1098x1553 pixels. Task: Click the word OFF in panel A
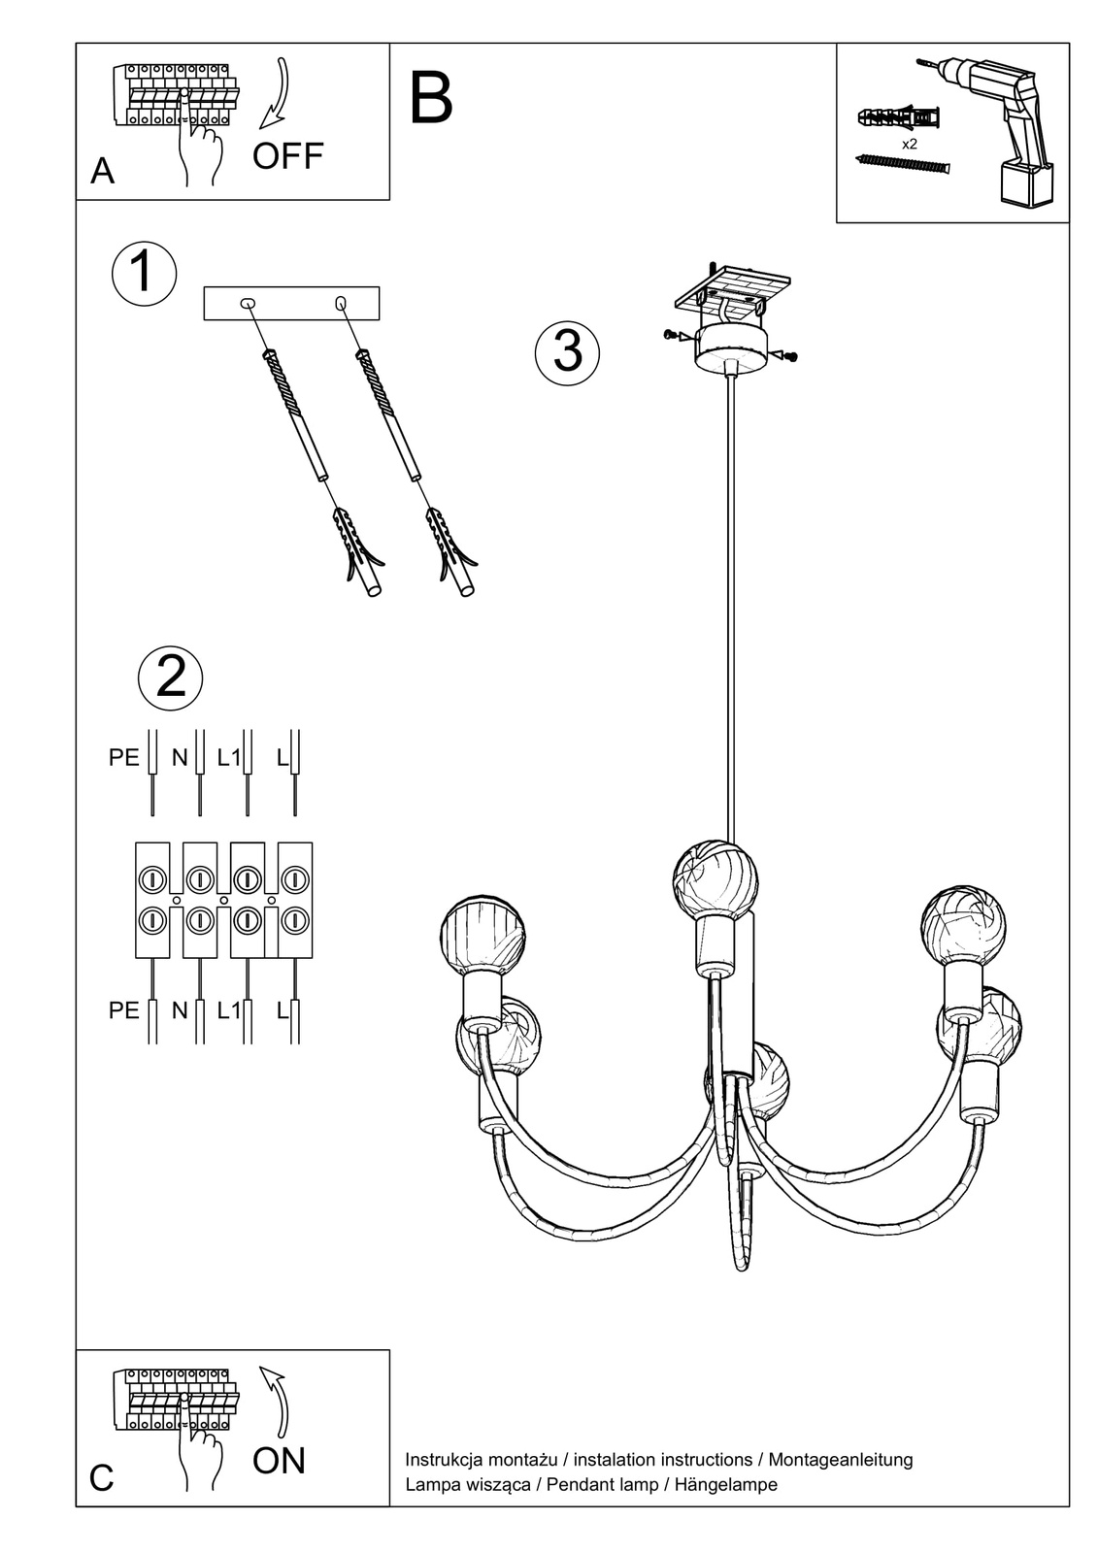(288, 156)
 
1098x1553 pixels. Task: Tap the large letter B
(431, 98)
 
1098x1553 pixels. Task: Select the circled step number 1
(144, 273)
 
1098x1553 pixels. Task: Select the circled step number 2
(171, 677)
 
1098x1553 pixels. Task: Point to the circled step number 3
(567, 352)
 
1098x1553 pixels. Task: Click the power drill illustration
(991, 131)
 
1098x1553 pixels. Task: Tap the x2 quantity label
(910, 145)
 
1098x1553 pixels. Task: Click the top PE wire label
(124, 758)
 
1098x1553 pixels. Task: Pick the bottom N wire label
(180, 1010)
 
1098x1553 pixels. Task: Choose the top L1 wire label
(229, 758)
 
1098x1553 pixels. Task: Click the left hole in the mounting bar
(247, 303)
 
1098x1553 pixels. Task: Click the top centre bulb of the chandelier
(715, 880)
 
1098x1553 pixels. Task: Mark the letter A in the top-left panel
(102, 171)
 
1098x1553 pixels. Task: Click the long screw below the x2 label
(903, 165)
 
